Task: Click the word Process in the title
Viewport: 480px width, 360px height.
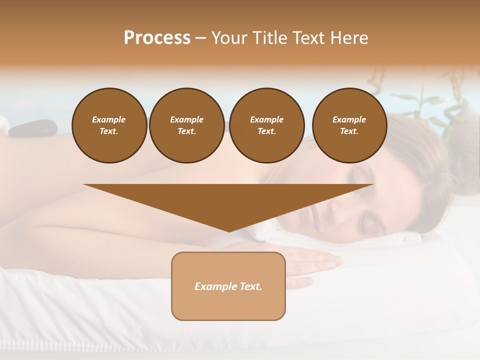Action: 157,37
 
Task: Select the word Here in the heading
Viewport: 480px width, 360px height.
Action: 348,37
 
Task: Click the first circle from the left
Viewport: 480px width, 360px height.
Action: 109,125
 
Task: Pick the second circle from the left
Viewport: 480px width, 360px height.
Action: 186,125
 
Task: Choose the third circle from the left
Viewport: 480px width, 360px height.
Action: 266,125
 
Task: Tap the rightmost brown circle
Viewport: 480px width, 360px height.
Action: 349,125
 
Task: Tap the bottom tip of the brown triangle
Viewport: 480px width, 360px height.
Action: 229,230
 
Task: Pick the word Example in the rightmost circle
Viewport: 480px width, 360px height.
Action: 349,119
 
